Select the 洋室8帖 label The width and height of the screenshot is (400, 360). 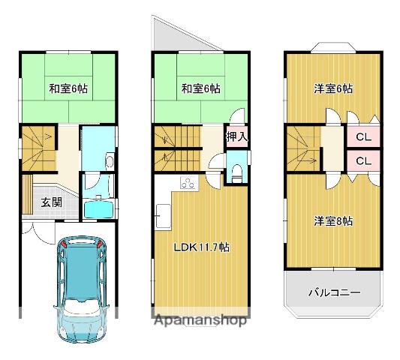click(x=333, y=221)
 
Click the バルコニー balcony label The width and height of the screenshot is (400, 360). click(x=335, y=292)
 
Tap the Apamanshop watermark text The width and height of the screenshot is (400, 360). click(x=201, y=321)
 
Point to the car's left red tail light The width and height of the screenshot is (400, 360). click(x=65, y=243)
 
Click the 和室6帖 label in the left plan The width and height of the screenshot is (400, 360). click(x=68, y=88)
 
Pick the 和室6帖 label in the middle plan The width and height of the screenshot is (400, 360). click(x=200, y=88)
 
